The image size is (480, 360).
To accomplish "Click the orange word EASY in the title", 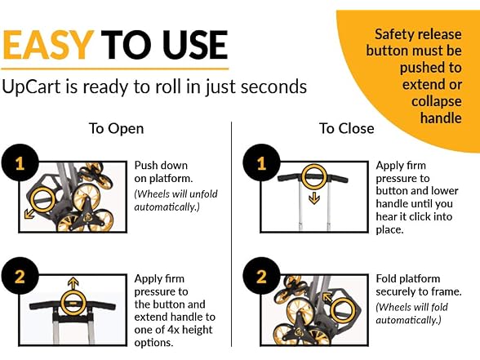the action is pyautogui.click(x=47, y=45).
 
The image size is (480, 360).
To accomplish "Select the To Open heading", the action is pyautogui.click(x=116, y=129).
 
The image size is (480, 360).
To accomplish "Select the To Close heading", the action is pyautogui.click(x=346, y=128).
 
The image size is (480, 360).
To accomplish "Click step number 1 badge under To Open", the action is pyautogui.click(x=20, y=163).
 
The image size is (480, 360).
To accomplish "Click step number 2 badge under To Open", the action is pyautogui.click(x=20, y=276).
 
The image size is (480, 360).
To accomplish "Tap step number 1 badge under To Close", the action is pyautogui.click(x=261, y=163).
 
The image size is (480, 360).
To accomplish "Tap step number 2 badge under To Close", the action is pyautogui.click(x=261, y=276).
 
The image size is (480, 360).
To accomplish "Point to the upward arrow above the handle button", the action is pyautogui.click(x=73, y=284).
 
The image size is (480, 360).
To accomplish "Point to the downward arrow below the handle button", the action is pyautogui.click(x=314, y=198).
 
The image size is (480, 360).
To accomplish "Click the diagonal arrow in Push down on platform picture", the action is pyautogui.click(x=29, y=213).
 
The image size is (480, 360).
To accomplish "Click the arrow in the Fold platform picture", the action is pyautogui.click(x=328, y=297).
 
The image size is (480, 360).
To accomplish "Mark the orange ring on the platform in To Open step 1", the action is pyautogui.click(x=32, y=200).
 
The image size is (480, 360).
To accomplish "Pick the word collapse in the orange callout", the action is pyautogui.click(x=436, y=101).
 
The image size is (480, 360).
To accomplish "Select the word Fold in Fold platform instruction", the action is pyautogui.click(x=386, y=278).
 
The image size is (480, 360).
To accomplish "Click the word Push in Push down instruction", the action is pyautogui.click(x=145, y=165).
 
